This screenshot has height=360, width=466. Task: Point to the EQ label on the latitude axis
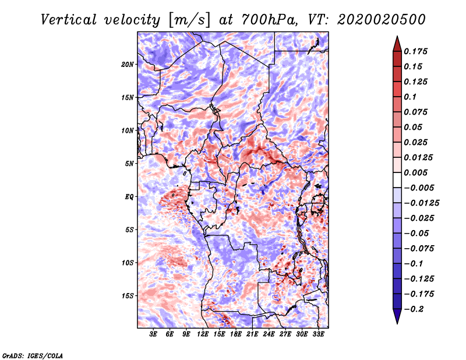point(129,197)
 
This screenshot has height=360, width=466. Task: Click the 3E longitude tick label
point(154,334)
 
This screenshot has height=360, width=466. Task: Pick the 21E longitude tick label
point(252,334)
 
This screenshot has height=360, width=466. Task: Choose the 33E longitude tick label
point(318,334)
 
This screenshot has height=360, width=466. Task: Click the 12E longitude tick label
point(203,334)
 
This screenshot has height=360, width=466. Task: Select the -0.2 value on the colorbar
point(414,309)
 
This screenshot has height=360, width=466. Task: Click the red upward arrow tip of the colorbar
point(396,38)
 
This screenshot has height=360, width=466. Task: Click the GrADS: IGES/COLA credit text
point(32,355)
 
